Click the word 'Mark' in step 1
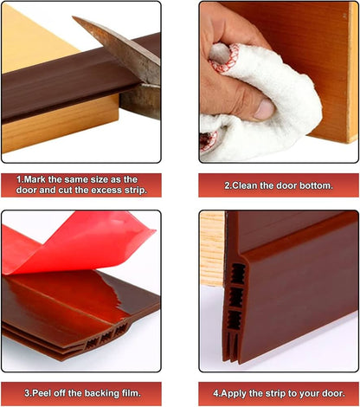(x=34, y=180)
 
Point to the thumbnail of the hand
(x=264, y=110)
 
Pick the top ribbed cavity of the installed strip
(x=238, y=273)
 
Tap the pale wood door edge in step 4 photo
(x=212, y=249)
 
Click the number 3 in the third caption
(x=27, y=393)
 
